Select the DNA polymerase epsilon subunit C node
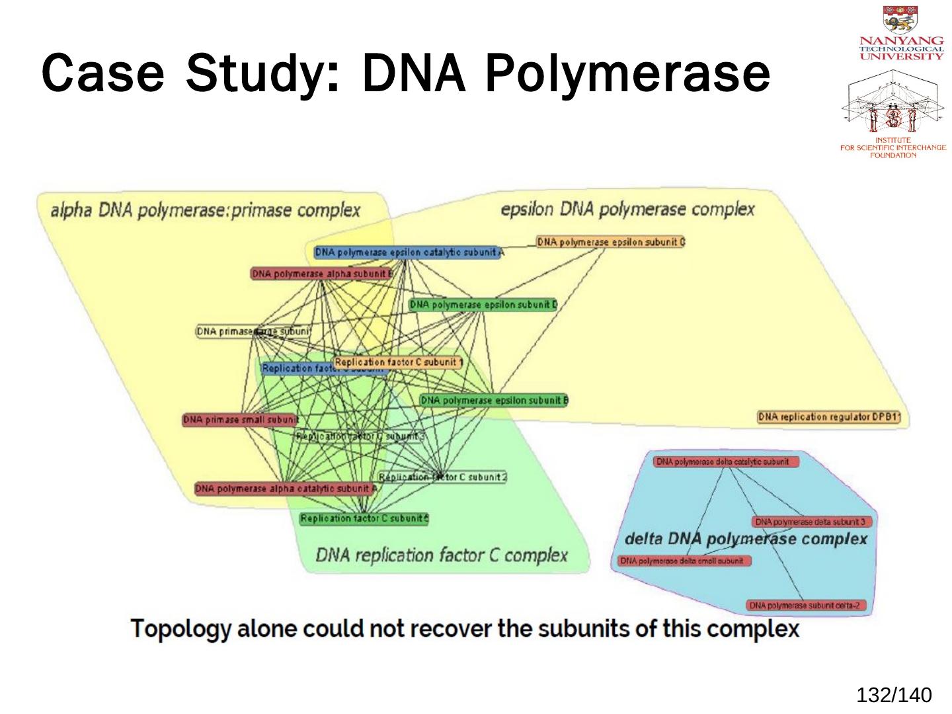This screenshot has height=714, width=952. pos(610,242)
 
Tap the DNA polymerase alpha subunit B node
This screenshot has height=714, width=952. pos(322,274)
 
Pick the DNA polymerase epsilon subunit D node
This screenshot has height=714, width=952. pos(483,305)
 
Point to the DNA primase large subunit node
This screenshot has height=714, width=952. pos(253,331)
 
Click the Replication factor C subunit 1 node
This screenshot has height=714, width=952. pos(398,362)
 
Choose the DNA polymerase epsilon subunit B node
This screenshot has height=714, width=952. pos(494,400)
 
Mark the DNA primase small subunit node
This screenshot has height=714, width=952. pos(240,420)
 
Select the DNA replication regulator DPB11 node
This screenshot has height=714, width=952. pos(829,417)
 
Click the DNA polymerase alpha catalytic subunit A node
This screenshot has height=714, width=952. pos(286,489)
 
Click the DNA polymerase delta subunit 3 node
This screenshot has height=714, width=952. pos(813,522)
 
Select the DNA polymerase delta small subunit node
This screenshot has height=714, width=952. pos(684,561)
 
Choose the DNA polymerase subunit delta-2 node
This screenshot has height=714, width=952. pos(806,606)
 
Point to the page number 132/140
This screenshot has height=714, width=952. pos(894,695)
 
